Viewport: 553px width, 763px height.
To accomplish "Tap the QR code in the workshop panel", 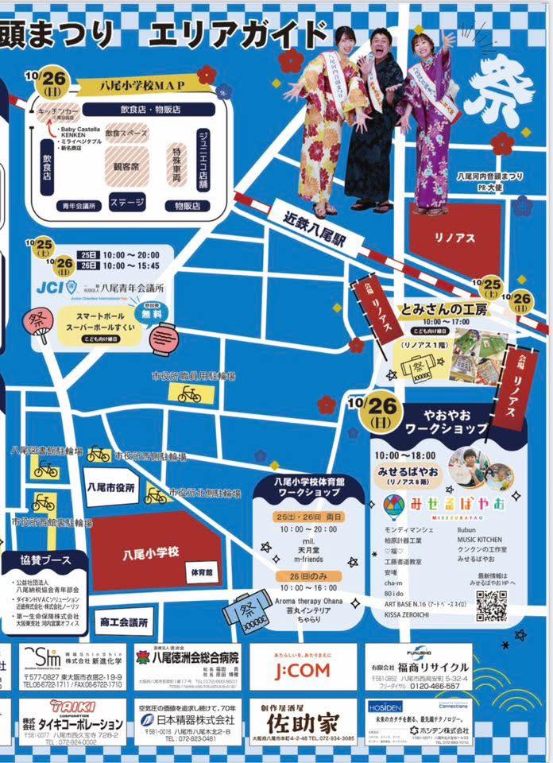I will pos(491,606).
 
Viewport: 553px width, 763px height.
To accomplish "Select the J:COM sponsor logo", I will pos(303,670).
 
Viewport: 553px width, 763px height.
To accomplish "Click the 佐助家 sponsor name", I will pos(302,723).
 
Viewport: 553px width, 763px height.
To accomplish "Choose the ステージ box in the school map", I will pos(126,202).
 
